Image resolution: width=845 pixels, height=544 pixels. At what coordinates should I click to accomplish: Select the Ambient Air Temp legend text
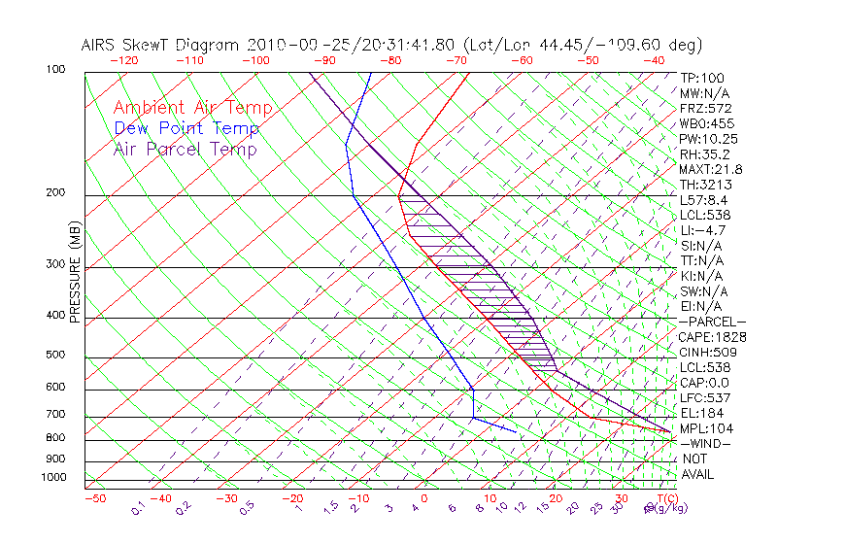193,109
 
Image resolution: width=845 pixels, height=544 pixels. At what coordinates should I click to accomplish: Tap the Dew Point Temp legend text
186,129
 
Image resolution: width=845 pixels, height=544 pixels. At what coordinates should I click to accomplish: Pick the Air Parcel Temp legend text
186,150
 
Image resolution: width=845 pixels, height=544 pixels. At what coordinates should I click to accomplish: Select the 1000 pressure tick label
54,478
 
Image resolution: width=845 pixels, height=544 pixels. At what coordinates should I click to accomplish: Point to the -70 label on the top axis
456,59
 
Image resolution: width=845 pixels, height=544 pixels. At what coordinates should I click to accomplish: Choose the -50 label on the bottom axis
94,499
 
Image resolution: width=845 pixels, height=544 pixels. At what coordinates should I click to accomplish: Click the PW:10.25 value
709,139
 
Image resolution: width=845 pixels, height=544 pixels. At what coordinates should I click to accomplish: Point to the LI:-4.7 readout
703,230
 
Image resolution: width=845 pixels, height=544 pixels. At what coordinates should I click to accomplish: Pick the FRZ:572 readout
706,109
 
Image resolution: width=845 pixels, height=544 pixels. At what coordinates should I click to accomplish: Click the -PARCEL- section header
712,322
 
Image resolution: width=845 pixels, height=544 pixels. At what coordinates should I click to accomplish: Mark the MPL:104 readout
707,428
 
